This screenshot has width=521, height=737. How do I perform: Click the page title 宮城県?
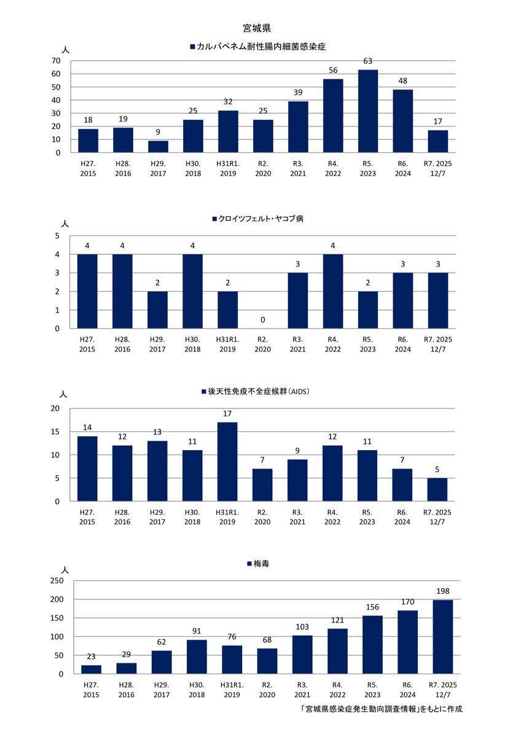(257, 28)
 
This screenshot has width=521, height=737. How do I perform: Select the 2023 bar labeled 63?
(368, 111)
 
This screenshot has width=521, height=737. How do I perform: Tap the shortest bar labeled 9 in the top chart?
(158, 147)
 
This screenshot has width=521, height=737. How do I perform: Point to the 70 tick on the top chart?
(56, 61)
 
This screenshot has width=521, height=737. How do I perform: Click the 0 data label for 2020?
(262, 321)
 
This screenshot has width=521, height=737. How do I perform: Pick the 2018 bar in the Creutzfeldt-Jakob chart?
(192, 291)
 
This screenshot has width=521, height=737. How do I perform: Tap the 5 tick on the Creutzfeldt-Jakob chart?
(58, 236)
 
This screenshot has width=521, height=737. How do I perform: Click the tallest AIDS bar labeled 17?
(227, 461)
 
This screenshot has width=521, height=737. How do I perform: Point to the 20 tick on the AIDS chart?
(56, 409)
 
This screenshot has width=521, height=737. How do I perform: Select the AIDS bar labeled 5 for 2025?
(438, 489)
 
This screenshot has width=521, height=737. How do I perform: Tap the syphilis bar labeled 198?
(442, 637)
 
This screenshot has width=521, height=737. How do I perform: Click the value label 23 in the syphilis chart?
(92, 656)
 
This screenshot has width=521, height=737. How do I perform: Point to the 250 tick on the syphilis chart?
(56, 580)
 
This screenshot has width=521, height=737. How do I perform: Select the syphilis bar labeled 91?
(197, 657)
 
